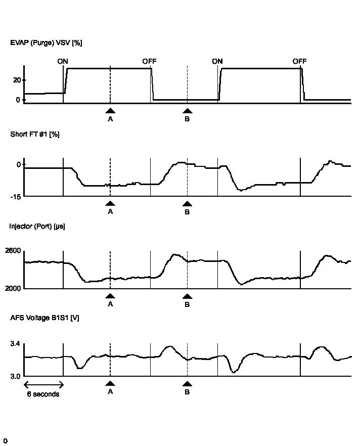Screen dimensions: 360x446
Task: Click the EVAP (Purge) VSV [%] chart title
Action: point(46,43)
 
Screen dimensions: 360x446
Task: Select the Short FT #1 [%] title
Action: point(35,135)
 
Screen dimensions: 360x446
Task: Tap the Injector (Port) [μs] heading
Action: point(37,226)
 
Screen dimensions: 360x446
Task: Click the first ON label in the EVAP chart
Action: point(63,61)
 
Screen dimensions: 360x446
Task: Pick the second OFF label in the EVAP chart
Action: point(299,61)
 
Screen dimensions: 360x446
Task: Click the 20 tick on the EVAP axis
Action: point(17,80)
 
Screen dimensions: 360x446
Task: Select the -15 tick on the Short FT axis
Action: point(15,196)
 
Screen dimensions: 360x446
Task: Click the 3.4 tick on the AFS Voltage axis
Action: point(15,344)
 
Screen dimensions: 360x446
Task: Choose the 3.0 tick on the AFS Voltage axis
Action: point(15,376)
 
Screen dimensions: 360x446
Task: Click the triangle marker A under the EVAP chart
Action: point(110,111)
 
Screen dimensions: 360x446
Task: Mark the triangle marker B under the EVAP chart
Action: point(187,111)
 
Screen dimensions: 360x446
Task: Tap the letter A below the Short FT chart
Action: point(110,211)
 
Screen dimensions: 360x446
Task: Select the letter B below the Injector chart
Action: point(187,304)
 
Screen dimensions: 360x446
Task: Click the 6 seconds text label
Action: point(43,394)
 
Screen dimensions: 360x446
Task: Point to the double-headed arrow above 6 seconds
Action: point(43,384)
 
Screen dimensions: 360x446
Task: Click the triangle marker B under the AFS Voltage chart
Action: point(187,384)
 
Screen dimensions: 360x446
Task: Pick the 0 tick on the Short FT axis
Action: point(18,164)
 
